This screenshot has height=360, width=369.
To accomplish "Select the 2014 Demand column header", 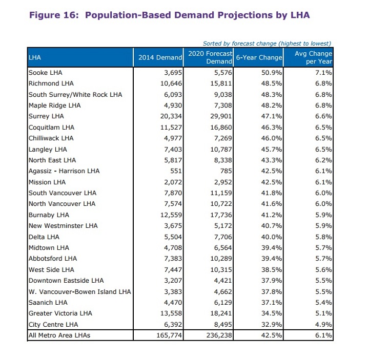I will (160, 57).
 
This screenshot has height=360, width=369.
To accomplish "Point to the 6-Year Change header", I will (259, 57).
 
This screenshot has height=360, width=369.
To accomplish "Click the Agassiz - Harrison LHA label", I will (64, 171).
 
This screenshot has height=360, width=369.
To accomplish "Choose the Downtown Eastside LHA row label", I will (66, 281).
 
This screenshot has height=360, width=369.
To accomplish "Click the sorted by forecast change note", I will (267, 43).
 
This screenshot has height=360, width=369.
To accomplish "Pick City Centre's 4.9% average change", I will (324, 325).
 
